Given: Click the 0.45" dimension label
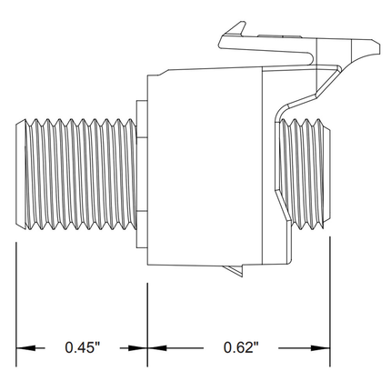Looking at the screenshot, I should tap(83, 347).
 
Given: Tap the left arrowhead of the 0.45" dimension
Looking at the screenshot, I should tap(26, 347).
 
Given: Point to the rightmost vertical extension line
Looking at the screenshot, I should tap(330, 300).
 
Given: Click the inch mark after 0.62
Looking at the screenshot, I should tap(256, 344).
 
